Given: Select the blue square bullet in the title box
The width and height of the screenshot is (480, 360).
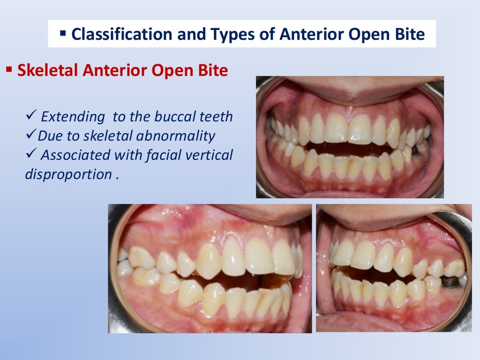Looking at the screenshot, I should coord(63,33).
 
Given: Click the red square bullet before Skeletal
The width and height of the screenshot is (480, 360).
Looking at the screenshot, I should coord(8,70).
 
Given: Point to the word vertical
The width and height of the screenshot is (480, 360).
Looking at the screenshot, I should coord(207,155).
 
